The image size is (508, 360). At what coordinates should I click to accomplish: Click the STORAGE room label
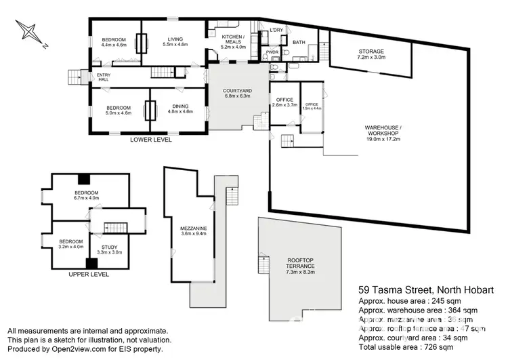coord(371,52)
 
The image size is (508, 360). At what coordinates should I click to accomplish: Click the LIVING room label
coord(175,38)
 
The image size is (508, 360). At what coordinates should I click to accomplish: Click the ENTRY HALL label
coord(104,78)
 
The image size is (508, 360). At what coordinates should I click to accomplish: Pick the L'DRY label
coord(276,31)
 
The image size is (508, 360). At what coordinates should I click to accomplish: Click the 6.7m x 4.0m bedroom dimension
coord(86,199)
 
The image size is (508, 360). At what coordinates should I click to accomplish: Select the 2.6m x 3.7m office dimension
coord(284,105)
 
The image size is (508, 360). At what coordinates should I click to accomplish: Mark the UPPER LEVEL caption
coord(89,275)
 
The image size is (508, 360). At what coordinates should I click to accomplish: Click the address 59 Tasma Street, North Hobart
coord(426,290)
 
